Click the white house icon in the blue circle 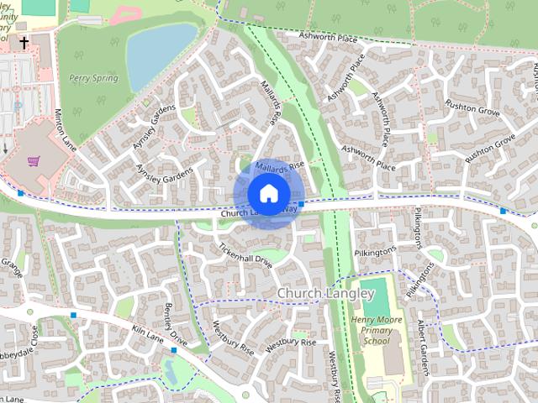click(267, 193)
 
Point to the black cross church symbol click(24, 42)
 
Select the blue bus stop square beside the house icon click(302, 204)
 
